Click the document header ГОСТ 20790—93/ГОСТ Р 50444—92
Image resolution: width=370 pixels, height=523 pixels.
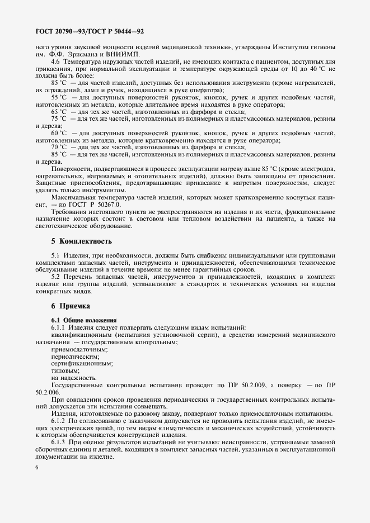pos(93,32)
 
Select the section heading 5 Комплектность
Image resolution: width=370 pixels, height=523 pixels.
pos(81,241)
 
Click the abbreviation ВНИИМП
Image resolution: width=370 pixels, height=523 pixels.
pos(125,54)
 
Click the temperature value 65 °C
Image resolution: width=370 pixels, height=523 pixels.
pos(59,111)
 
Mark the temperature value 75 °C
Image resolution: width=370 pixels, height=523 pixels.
pos(59,118)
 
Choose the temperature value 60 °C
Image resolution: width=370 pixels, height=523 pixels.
pos(59,133)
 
